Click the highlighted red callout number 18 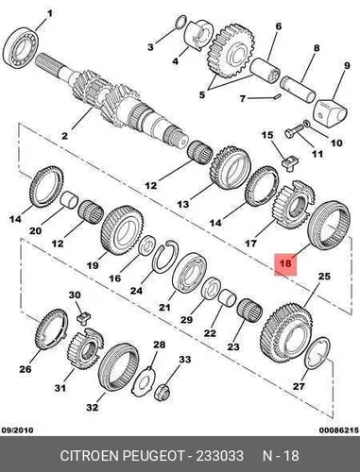coord(285,262)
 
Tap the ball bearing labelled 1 coord(21,48)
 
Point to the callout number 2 coord(64,136)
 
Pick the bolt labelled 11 coord(294,131)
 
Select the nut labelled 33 coord(163,392)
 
